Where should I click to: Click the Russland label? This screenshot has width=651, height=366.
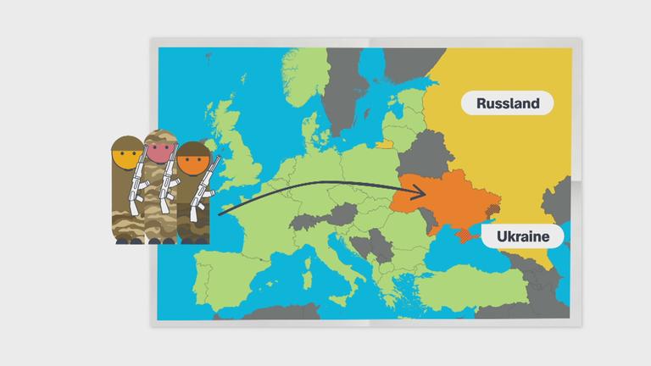508,104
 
